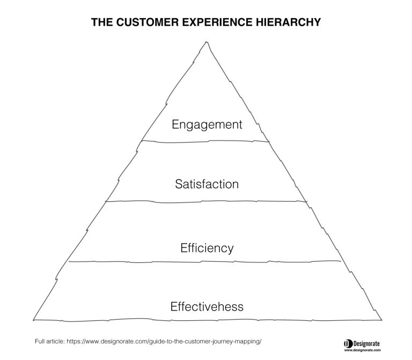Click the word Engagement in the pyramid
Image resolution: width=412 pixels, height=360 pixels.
[207, 124]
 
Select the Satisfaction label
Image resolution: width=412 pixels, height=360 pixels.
[207, 184]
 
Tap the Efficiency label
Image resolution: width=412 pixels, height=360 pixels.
[207, 248]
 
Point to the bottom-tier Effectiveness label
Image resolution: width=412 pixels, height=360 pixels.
[207, 306]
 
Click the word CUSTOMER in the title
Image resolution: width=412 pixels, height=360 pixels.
[148, 22]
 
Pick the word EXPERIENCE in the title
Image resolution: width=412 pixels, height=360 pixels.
[217, 22]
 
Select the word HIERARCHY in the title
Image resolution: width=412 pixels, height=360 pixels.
[288, 22]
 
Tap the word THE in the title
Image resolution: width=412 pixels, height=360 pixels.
[102, 22]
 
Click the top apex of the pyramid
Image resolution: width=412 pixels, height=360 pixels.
[207, 42]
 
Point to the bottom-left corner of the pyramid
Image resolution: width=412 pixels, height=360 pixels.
[33, 320]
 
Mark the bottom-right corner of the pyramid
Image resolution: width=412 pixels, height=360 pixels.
[381, 320]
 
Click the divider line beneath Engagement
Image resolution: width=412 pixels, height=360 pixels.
[205, 142]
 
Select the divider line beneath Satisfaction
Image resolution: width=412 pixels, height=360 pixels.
[206, 202]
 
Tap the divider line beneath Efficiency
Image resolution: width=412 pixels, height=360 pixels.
[205, 262]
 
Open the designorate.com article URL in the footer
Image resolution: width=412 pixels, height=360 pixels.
[164, 341]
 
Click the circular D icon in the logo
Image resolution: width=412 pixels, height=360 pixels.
[348, 344]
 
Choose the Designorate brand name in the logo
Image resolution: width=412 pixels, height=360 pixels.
[366, 343]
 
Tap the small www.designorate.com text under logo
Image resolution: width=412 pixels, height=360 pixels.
[362, 350]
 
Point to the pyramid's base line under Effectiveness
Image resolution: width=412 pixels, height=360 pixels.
[208, 320]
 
